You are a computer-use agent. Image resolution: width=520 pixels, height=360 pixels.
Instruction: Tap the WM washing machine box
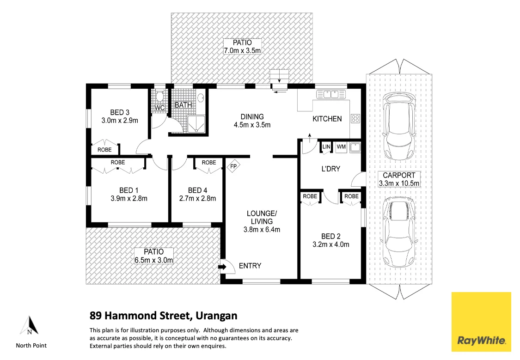341,147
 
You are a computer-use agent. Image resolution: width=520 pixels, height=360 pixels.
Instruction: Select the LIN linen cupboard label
326,147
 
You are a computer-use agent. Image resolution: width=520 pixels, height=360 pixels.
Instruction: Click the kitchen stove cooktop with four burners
355,118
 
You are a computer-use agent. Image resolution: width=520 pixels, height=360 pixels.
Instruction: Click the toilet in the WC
159,97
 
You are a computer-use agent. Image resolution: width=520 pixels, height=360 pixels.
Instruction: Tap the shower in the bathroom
196,123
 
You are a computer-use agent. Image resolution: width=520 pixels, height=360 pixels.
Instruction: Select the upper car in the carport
398,125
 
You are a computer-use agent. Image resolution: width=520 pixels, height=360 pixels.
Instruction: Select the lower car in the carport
398,234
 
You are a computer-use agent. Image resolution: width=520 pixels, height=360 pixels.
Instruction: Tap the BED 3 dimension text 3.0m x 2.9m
120,121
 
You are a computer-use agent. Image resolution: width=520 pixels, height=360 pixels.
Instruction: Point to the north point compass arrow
29,325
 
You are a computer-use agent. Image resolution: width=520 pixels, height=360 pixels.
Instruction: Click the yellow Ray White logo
481,322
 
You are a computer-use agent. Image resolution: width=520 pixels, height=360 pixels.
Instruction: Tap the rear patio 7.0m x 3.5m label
242,47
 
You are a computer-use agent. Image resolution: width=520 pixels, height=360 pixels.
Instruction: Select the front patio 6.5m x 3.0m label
153,256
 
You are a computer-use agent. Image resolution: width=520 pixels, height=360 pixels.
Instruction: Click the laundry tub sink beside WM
355,147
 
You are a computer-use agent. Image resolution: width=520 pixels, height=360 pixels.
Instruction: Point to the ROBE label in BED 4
209,162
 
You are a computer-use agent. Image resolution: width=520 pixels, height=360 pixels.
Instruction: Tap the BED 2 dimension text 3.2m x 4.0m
330,244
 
